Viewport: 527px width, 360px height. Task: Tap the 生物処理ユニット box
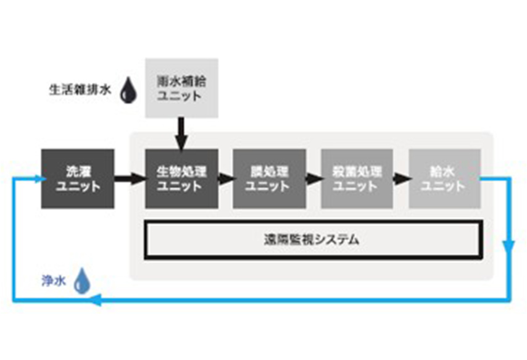[181, 178]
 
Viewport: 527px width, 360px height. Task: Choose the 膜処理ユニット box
[268, 178]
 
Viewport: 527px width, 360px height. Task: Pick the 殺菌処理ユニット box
[356, 178]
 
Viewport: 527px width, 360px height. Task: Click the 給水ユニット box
[444, 178]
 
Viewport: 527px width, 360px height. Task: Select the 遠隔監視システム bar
[312, 239]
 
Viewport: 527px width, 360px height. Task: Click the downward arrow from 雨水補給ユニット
[181, 134]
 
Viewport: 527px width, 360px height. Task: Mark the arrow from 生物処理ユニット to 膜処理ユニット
[225, 179]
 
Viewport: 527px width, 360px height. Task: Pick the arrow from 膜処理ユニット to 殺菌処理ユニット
[313, 179]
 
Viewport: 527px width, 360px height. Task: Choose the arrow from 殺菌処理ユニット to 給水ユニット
[401, 179]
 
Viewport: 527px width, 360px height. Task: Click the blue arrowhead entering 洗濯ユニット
[36, 178]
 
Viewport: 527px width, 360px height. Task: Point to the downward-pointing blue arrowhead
[509, 250]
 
